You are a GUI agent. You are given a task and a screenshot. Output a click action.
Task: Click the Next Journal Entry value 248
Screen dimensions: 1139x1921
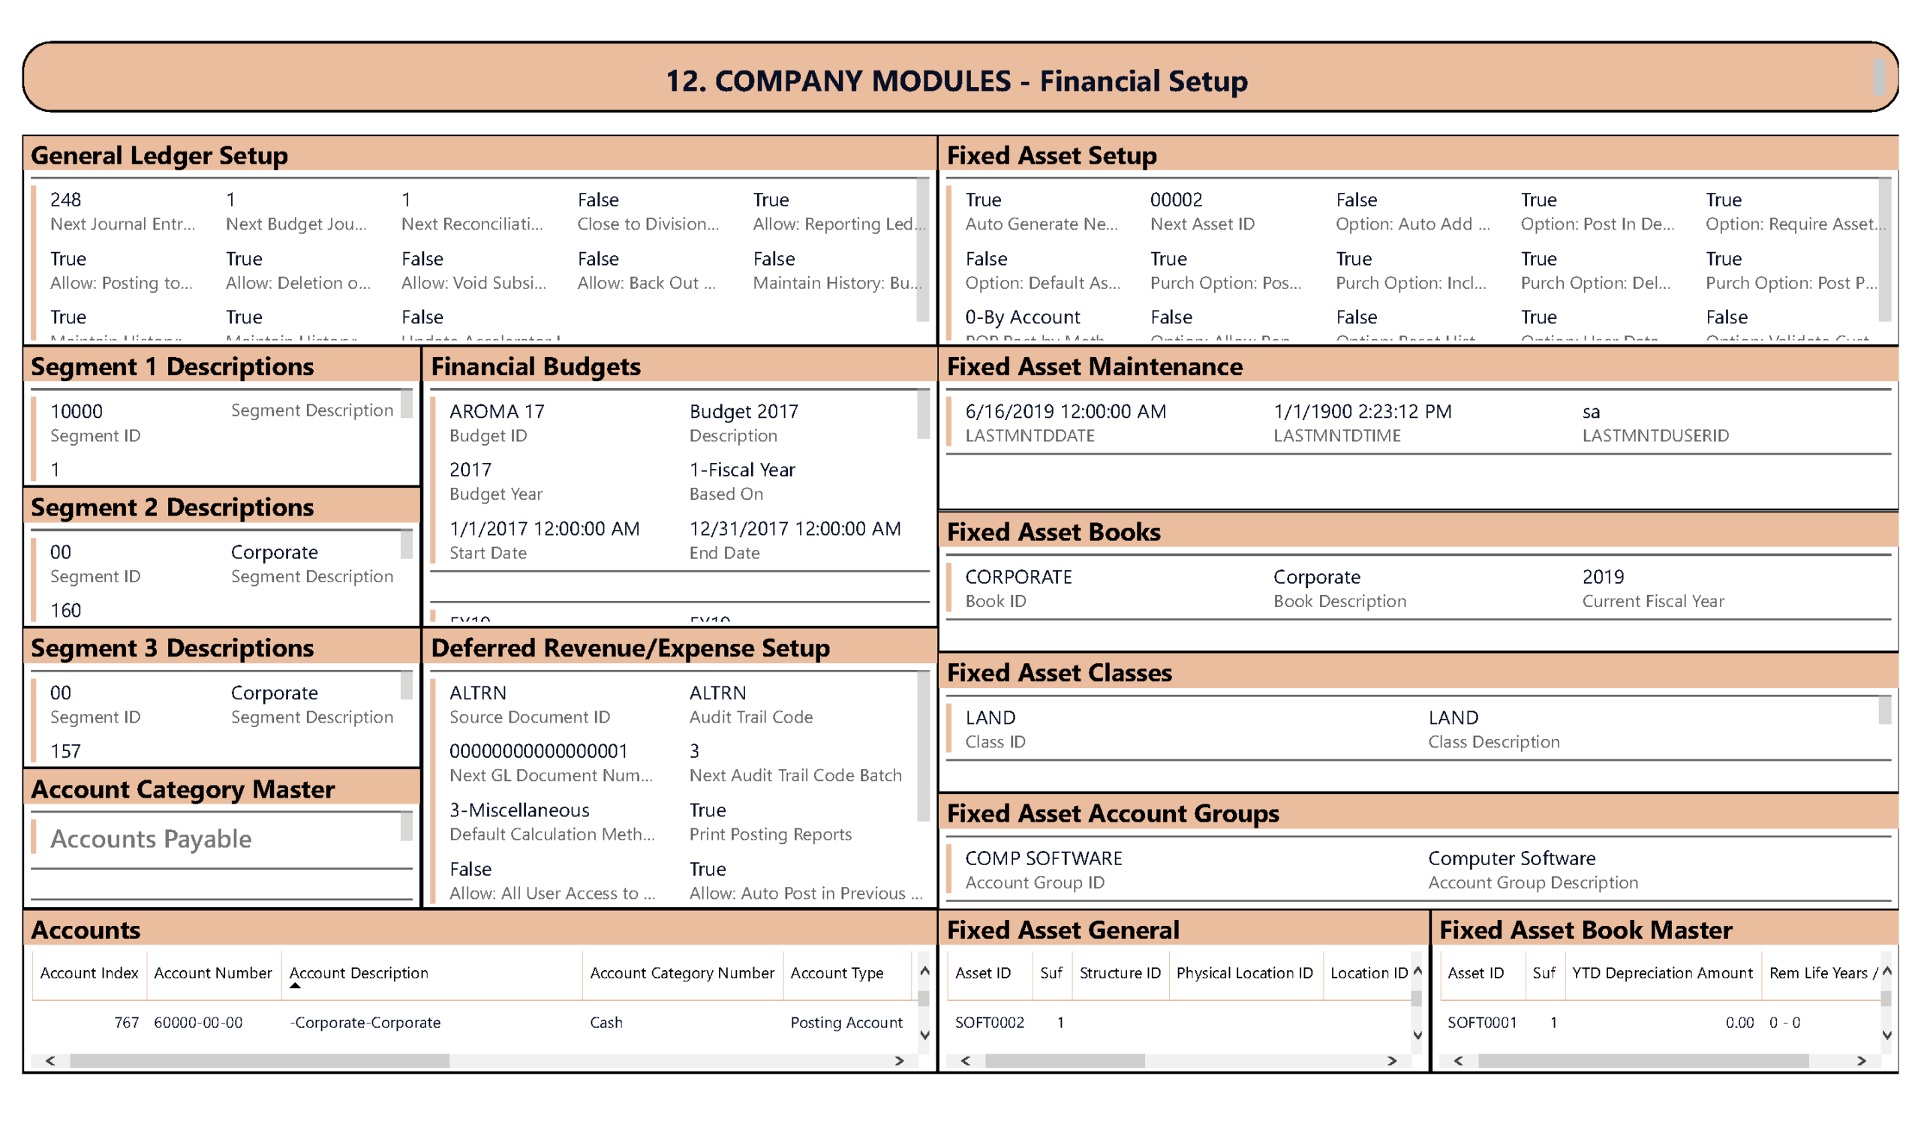(65, 200)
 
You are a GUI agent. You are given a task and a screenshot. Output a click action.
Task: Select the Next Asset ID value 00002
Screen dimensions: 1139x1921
(1176, 200)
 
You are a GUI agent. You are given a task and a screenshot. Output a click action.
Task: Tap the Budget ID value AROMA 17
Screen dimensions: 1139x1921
(497, 411)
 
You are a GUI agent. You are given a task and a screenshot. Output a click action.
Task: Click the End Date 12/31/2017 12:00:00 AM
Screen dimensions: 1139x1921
(795, 529)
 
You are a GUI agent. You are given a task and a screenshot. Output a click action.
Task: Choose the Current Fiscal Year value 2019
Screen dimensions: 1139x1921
(1603, 577)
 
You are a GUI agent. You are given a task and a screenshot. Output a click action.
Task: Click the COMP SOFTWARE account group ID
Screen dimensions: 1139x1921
(1043, 858)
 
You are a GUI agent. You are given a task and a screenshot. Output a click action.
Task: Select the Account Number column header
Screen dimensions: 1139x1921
(212, 973)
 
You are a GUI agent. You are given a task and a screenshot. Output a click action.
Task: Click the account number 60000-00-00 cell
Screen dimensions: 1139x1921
(198, 1023)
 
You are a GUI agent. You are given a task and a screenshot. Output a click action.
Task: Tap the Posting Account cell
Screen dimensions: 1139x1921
(846, 1023)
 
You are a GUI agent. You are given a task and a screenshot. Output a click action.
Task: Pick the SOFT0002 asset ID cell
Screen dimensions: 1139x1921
(989, 1023)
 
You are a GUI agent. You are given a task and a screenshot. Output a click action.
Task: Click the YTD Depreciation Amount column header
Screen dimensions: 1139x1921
(1661, 973)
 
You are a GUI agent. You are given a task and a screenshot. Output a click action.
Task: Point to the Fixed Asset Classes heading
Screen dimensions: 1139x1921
(1059, 673)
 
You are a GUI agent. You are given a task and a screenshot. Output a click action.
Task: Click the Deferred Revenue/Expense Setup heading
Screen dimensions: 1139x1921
(630, 648)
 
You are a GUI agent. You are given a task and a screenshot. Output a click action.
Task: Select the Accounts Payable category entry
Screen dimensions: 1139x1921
(151, 840)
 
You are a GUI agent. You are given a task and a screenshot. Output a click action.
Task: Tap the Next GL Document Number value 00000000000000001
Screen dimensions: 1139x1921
(538, 751)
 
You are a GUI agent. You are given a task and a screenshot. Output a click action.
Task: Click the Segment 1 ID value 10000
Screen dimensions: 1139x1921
(76, 411)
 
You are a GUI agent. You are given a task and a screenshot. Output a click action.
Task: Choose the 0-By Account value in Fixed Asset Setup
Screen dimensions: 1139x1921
(1022, 317)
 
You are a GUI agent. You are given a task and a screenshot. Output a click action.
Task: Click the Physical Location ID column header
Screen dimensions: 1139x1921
(1244, 973)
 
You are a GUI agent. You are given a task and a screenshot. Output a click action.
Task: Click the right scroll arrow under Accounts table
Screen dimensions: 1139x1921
(899, 1061)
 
